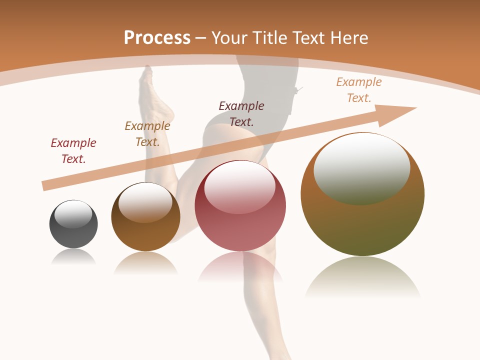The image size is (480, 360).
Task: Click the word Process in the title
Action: (x=157, y=38)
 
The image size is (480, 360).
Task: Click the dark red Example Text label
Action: (x=73, y=151)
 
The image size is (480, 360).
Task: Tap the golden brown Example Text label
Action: (x=147, y=134)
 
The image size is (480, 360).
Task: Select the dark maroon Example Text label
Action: (x=241, y=113)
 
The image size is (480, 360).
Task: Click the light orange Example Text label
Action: (x=358, y=90)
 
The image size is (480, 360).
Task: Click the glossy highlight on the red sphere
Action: (x=239, y=187)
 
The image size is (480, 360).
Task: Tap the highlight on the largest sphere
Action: (x=361, y=168)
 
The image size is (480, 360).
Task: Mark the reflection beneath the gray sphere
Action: (x=73, y=257)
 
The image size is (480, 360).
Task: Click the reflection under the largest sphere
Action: (x=362, y=277)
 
